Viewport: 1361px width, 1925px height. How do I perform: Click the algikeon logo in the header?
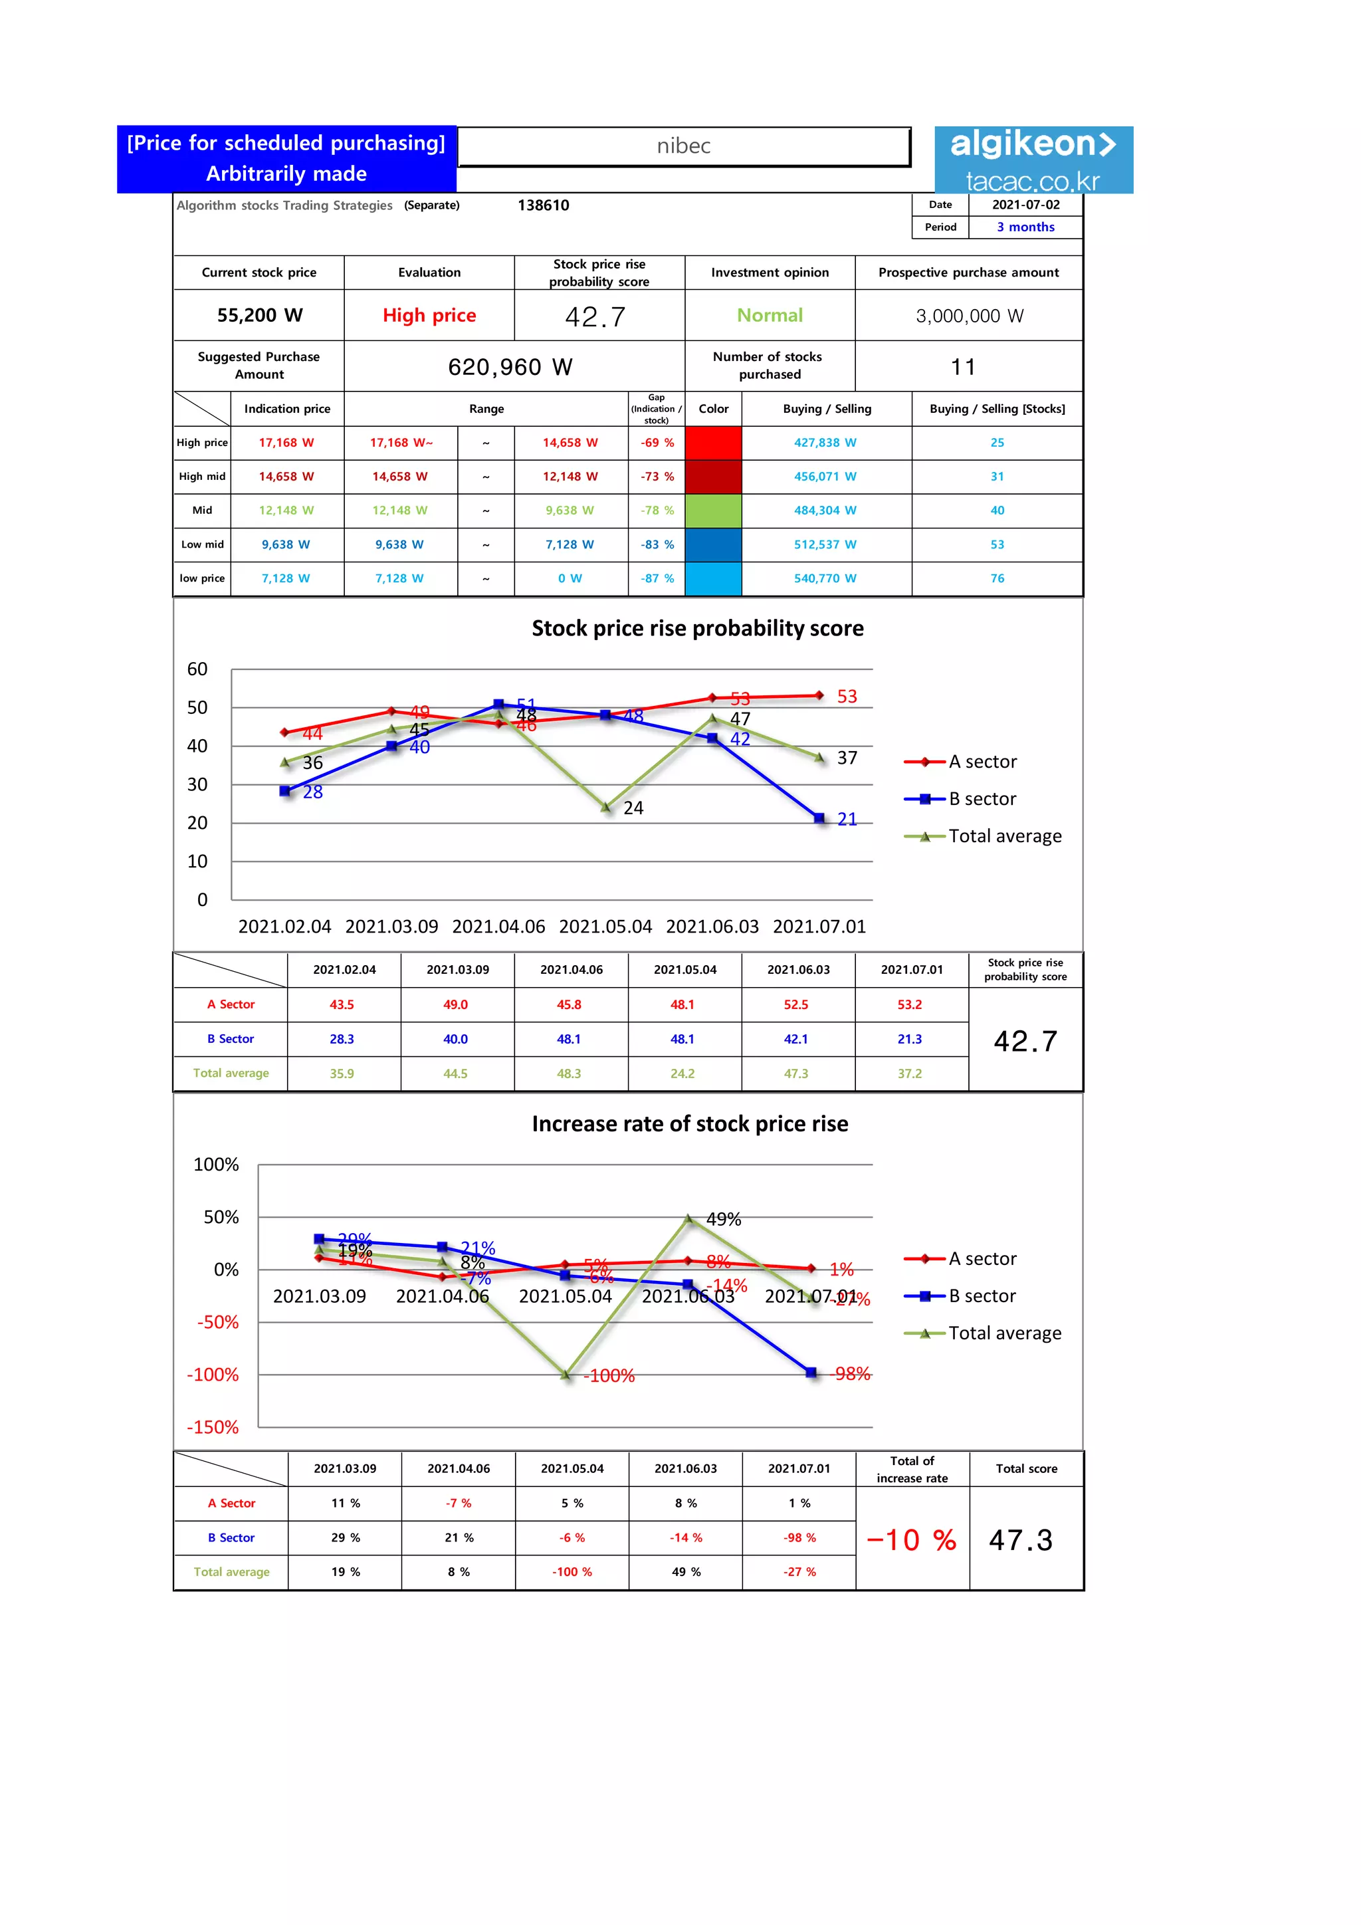tap(1033, 145)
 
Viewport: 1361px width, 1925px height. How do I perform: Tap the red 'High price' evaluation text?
tap(429, 315)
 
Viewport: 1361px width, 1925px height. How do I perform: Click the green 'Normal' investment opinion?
tap(770, 315)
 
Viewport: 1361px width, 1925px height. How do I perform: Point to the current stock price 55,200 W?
tap(260, 315)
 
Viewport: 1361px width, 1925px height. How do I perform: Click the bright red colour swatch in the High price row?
tap(713, 443)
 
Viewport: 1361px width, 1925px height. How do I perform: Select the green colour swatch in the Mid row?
tap(713, 510)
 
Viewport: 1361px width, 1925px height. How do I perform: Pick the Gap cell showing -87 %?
tap(657, 578)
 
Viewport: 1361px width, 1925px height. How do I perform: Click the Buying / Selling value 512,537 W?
tap(825, 545)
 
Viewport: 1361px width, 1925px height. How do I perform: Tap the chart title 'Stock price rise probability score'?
tap(697, 629)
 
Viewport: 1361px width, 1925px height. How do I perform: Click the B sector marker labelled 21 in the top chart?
tap(819, 818)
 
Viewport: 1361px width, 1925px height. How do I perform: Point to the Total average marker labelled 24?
tap(606, 808)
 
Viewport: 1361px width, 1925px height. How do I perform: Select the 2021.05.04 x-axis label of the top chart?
tap(605, 927)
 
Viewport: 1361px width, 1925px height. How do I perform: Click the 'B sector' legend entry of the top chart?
tap(982, 799)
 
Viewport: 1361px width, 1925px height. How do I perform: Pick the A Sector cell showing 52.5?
tap(796, 1004)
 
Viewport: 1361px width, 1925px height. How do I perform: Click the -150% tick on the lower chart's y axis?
tap(213, 1427)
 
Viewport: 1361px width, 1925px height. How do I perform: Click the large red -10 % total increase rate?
tap(911, 1539)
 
